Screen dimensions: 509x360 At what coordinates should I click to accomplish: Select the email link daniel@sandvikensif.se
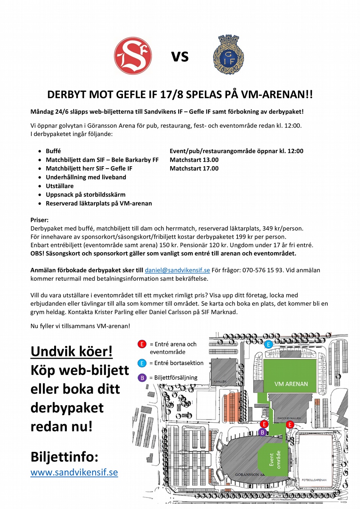[177, 270]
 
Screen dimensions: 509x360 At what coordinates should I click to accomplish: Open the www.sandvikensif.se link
[74, 472]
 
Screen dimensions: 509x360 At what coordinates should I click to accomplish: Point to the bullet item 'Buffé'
[53, 152]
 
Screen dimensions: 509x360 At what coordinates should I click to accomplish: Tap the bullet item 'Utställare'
[60, 186]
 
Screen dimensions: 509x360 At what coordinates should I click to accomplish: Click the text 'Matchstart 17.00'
[194, 169]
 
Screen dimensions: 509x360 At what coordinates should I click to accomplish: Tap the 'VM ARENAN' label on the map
[291, 384]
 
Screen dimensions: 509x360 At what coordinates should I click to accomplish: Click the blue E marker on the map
[269, 344]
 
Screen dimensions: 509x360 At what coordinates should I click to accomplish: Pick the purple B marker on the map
[262, 432]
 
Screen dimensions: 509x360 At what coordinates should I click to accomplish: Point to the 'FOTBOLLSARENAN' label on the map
[314, 480]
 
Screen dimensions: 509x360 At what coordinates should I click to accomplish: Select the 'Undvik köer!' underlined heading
[72, 351]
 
